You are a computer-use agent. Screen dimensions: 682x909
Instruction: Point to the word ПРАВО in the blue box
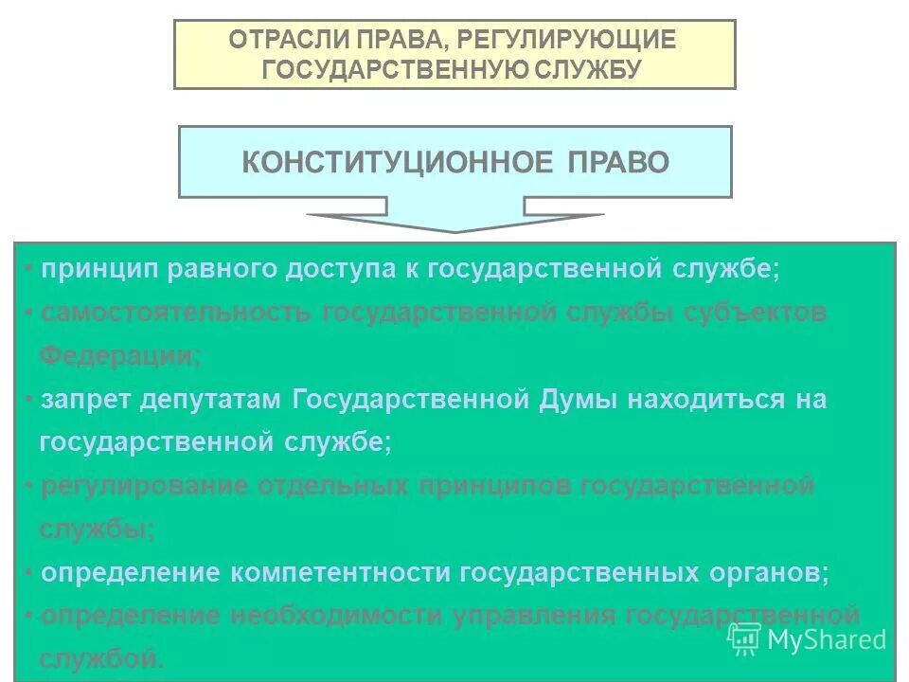click(x=618, y=162)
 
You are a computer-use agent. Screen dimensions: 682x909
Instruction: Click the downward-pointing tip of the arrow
click(x=454, y=230)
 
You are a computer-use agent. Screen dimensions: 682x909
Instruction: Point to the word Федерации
click(x=118, y=356)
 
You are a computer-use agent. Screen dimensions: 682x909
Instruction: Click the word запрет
click(x=85, y=400)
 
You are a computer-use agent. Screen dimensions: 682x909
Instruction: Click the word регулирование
click(x=142, y=487)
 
